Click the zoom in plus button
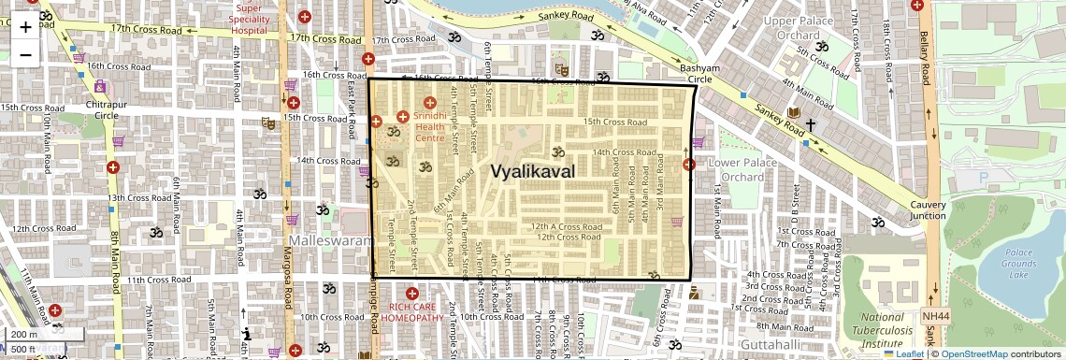(25, 26)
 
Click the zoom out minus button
(25, 53)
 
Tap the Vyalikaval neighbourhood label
(533, 171)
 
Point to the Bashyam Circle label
(700, 74)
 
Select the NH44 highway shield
(929, 316)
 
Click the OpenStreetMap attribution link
(973, 354)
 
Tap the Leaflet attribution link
(903, 354)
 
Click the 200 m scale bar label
(24, 334)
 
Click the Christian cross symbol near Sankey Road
(811, 124)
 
